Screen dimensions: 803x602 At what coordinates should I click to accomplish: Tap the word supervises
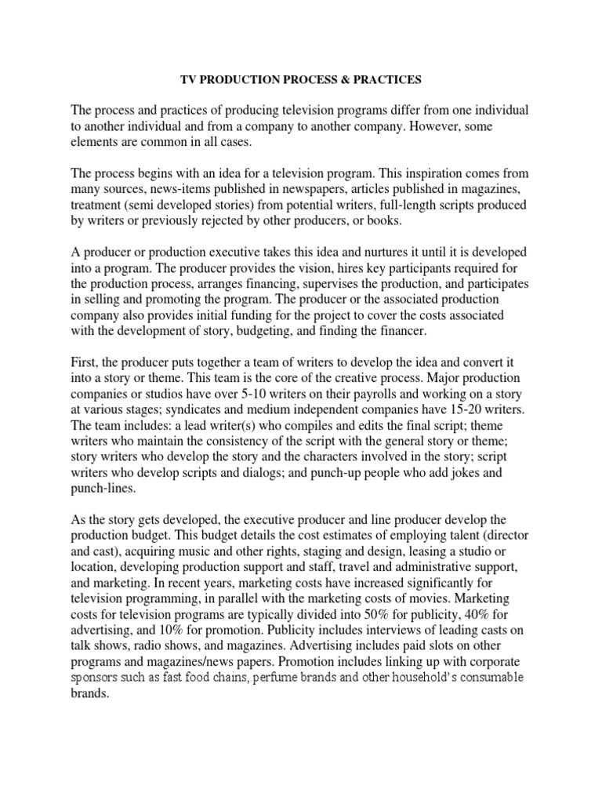point(395,283)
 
